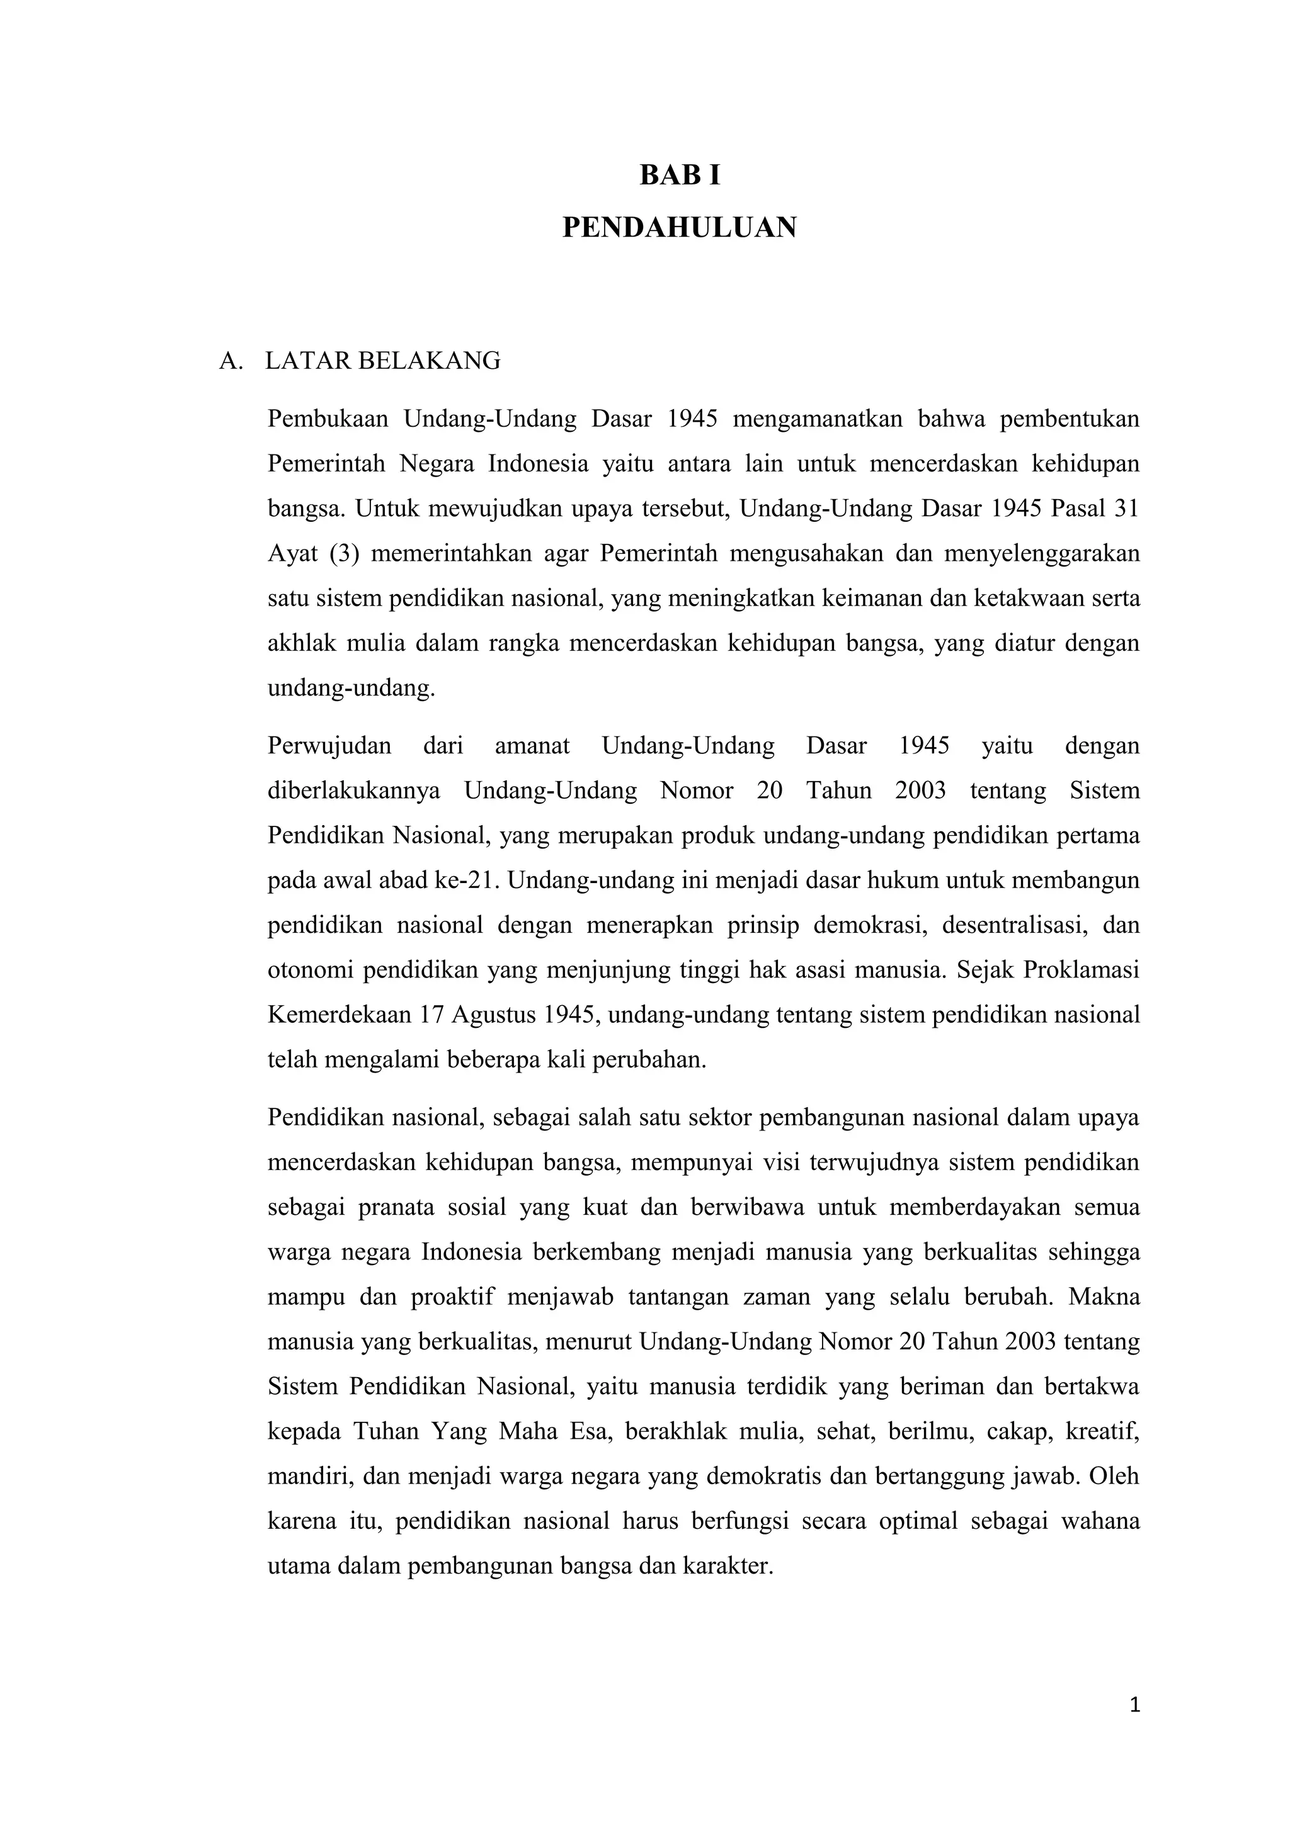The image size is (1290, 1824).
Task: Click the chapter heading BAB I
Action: click(x=680, y=176)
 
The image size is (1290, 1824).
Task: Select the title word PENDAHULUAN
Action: click(x=680, y=228)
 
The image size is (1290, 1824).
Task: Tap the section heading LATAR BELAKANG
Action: click(x=382, y=361)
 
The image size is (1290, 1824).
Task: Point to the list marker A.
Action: click(x=230, y=361)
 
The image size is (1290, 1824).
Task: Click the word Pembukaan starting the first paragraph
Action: click(x=328, y=419)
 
